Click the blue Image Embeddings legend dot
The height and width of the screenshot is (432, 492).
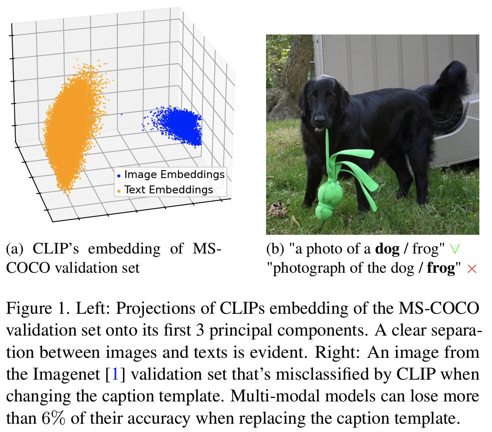pyautogui.click(x=119, y=175)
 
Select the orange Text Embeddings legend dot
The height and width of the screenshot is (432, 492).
pyautogui.click(x=119, y=190)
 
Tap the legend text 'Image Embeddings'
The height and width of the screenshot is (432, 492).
pyautogui.click(x=174, y=175)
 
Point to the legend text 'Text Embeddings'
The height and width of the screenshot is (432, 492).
pyautogui.click(x=168, y=190)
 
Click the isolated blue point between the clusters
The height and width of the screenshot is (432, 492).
pyautogui.click(x=121, y=114)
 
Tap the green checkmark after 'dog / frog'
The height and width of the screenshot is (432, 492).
pyautogui.click(x=454, y=249)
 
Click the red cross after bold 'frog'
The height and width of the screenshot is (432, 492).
pyautogui.click(x=471, y=269)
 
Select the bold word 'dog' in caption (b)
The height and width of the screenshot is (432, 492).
pyautogui.click(x=387, y=249)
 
